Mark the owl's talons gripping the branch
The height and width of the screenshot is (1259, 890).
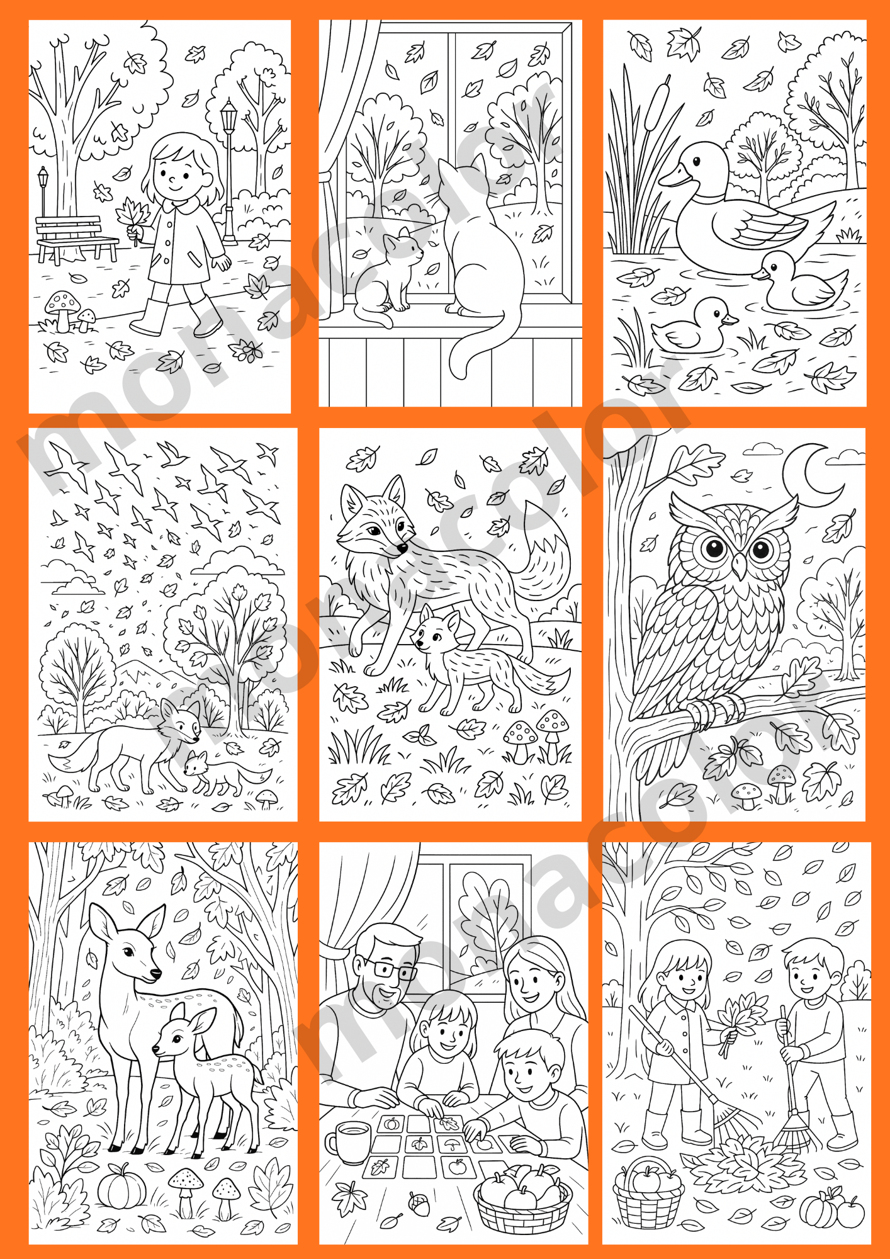point(716,711)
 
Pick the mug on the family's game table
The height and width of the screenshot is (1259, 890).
point(347,1139)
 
